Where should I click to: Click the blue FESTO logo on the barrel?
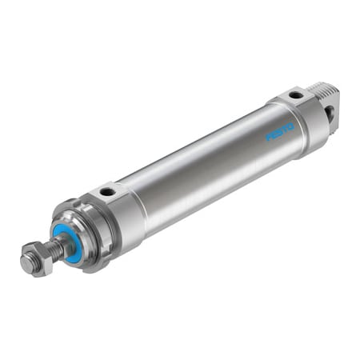pos(280,130)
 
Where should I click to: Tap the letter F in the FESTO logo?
pos(270,137)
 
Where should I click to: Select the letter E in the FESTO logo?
pos(274,134)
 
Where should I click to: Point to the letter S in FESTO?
pos(280,130)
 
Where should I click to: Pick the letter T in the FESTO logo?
pos(285,127)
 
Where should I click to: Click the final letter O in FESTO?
pos(290,125)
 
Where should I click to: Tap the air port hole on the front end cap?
pos(106,193)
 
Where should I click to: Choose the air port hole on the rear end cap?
pos(295,95)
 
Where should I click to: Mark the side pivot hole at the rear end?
pos(329,114)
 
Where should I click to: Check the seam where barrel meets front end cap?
pos(138,200)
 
